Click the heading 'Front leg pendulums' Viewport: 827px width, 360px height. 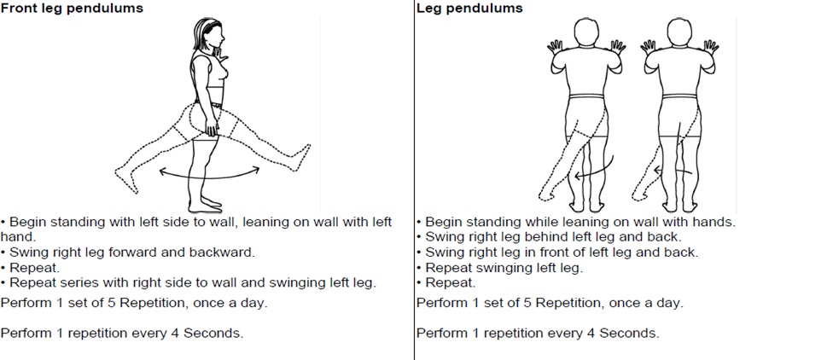[x=72, y=9]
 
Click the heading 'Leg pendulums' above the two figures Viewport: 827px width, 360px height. [x=469, y=9]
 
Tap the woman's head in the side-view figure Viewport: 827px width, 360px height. [x=209, y=34]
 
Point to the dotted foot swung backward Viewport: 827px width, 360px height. [x=126, y=180]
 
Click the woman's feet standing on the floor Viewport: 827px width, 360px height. [x=206, y=204]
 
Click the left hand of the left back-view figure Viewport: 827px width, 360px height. [x=556, y=48]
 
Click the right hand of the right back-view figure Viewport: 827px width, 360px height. [x=711, y=47]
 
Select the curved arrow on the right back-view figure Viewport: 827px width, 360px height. [x=673, y=171]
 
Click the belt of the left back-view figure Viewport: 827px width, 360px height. [x=588, y=96]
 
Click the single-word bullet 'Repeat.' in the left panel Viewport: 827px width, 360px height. [x=32, y=267]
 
